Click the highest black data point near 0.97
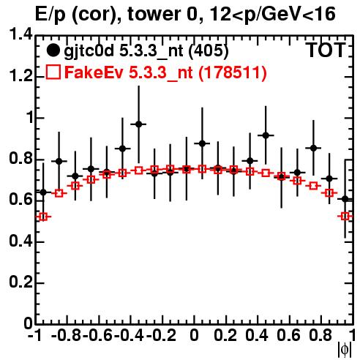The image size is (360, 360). tap(139, 124)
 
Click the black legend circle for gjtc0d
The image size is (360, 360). tap(53, 50)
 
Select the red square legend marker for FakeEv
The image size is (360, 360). tap(53, 72)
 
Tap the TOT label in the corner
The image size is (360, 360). tap(326, 50)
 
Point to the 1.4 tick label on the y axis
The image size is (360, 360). tap(20, 34)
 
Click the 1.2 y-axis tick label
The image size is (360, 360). tap(20, 76)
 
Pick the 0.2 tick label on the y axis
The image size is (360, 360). tap(20, 282)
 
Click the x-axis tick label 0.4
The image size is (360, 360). tap(257, 335)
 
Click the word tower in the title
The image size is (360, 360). tap(153, 14)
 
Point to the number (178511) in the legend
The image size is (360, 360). tap(233, 72)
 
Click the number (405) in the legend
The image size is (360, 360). tap(209, 51)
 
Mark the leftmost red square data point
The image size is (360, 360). tap(43, 217)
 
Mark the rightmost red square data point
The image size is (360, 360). tap(345, 216)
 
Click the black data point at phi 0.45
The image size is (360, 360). tap(266, 135)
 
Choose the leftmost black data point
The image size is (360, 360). tap(43, 192)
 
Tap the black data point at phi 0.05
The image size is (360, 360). tap(202, 143)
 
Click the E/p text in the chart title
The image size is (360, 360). tap(50, 15)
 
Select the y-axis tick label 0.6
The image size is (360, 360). tap(20, 200)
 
